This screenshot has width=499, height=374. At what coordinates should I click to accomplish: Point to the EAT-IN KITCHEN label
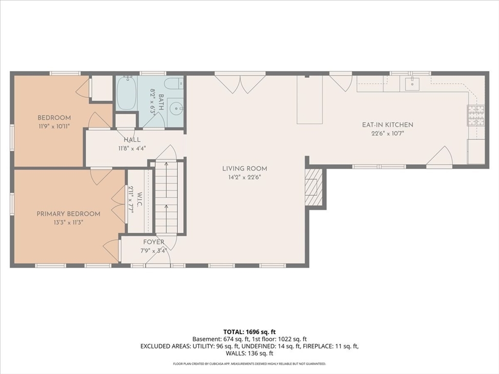[387, 125]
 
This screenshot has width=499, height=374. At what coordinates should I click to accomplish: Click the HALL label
[132, 140]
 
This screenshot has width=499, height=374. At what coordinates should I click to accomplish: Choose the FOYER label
[154, 242]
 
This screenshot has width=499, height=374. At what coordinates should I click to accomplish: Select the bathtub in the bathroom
[126, 93]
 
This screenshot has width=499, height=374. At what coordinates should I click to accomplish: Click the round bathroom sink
[176, 109]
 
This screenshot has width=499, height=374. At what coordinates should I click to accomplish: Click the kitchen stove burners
[476, 115]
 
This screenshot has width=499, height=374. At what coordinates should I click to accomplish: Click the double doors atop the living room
[240, 83]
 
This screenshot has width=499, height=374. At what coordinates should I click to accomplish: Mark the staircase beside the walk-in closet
[167, 197]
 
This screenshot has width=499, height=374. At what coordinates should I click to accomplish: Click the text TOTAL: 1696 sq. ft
[249, 332]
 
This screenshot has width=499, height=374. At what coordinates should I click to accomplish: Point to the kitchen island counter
[310, 100]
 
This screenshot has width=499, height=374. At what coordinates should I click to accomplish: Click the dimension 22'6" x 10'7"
[387, 133]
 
